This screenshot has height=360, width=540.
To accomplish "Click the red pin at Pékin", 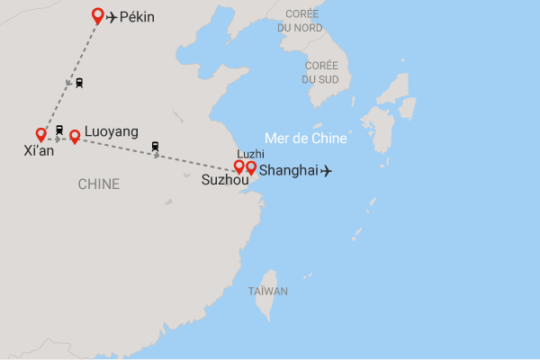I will click(x=98, y=14).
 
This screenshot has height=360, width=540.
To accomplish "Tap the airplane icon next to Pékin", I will click(x=112, y=17).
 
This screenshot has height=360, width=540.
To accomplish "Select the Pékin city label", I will click(x=137, y=17).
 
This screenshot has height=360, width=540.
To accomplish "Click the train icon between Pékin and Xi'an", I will click(x=80, y=84).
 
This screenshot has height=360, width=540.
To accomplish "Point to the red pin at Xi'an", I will click(x=40, y=134).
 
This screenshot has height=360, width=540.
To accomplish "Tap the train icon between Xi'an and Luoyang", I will click(x=59, y=130).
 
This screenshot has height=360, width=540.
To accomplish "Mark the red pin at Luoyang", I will click(x=75, y=136).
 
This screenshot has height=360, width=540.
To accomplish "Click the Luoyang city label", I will click(x=112, y=131).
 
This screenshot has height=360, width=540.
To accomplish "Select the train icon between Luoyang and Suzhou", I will click(x=156, y=146).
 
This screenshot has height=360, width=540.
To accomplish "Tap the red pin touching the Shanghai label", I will click(x=251, y=166).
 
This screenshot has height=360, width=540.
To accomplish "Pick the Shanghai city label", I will click(x=288, y=170).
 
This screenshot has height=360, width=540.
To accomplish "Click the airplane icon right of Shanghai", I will click(x=326, y=170).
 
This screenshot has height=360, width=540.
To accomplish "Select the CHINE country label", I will click(x=98, y=184).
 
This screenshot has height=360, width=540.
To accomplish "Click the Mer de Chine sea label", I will click(x=305, y=139).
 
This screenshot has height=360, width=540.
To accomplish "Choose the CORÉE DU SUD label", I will click(x=321, y=72).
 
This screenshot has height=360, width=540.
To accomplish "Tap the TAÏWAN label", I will click(x=268, y=292).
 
